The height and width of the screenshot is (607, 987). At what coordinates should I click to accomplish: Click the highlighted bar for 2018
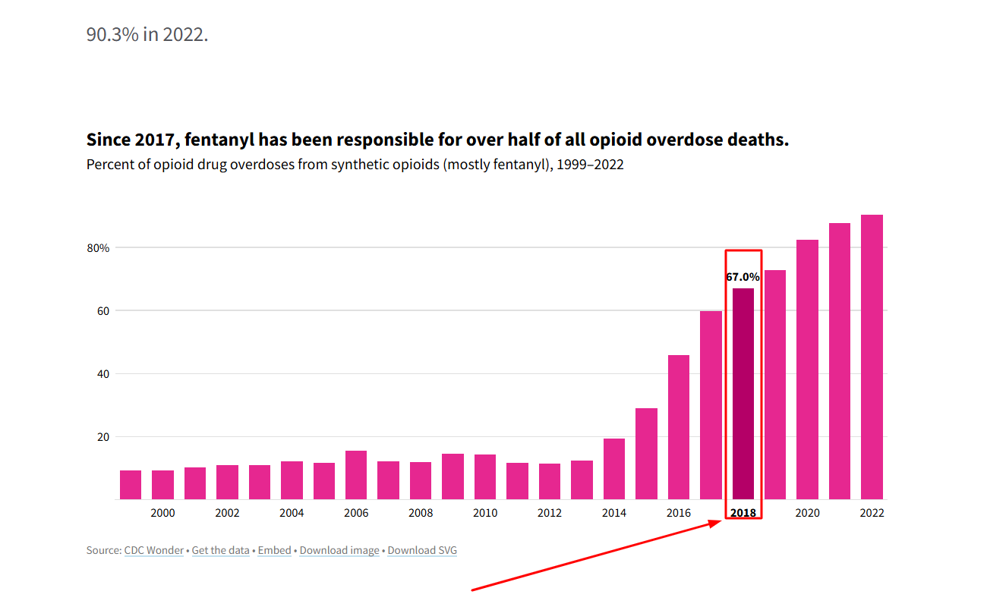(x=743, y=394)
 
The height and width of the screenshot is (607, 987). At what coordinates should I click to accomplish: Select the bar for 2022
(x=872, y=357)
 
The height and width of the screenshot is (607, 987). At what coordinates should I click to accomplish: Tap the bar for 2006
(x=356, y=475)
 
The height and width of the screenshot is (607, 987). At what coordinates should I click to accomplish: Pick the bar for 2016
(x=679, y=427)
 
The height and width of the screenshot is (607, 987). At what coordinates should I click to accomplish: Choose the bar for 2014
(x=614, y=469)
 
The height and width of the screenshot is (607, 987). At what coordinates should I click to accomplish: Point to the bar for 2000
(x=162, y=485)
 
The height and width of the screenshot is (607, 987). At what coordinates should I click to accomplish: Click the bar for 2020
(x=807, y=370)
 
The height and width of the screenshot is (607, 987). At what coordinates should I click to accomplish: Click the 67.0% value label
(x=743, y=277)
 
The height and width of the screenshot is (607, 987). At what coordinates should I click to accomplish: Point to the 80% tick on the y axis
(x=98, y=248)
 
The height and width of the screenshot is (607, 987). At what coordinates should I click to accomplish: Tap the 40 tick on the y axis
(x=103, y=374)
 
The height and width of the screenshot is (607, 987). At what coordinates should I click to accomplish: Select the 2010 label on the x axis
(x=485, y=513)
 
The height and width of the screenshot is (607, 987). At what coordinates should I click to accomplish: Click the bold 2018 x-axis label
(x=743, y=513)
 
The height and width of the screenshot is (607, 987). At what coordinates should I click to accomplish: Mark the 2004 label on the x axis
(x=292, y=513)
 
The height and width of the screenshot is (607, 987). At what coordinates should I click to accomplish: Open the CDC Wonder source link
(x=154, y=550)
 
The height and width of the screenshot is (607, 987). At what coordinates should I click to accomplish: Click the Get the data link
(x=220, y=550)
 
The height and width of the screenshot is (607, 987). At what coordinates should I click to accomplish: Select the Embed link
(x=274, y=550)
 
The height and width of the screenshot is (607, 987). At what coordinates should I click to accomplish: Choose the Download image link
(x=339, y=550)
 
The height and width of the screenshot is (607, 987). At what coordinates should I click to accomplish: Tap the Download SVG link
(x=422, y=550)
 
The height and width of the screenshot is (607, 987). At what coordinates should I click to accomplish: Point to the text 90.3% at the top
(x=112, y=35)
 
